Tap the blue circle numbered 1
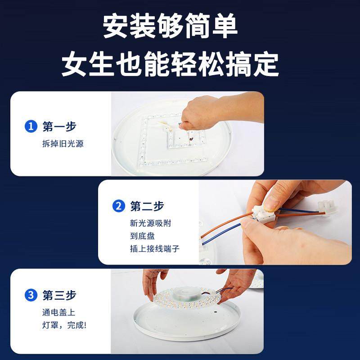point(31,126)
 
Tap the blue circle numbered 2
point(118,206)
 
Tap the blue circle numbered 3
point(31,295)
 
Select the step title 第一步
point(59,126)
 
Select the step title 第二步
point(147,206)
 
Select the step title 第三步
point(59,295)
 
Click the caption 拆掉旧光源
point(63,144)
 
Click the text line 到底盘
point(142,236)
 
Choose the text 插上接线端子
point(154,248)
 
